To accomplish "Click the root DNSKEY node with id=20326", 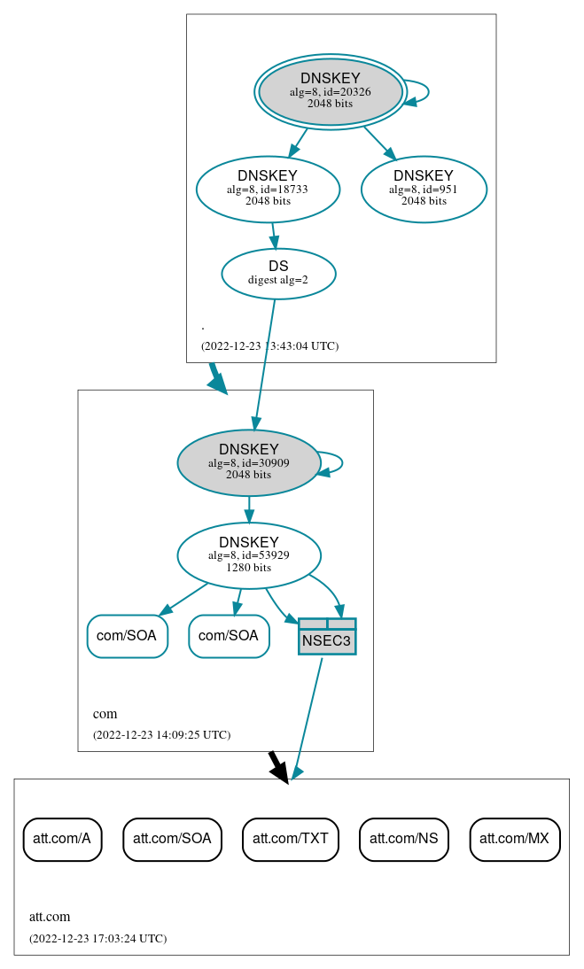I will (x=330, y=91).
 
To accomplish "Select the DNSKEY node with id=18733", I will (x=268, y=189).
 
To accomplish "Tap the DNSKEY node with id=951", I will (x=424, y=189).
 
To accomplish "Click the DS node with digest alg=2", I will (x=278, y=273).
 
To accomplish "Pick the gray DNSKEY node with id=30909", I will (x=249, y=462).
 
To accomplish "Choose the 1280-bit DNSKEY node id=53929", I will (x=249, y=555).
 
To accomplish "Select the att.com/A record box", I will (x=62, y=839).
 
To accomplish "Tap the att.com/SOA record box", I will (x=172, y=839).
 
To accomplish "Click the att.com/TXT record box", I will (x=291, y=839).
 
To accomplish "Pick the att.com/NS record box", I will (x=404, y=839).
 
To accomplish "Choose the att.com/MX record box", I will (x=515, y=839).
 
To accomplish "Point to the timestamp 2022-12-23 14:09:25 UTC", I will (x=161, y=734).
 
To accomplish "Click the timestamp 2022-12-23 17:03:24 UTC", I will (x=97, y=938).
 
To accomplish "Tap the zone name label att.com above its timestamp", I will (x=50, y=917).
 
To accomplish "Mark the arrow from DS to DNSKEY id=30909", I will (x=265, y=363).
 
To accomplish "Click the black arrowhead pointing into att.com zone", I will (x=280, y=771).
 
